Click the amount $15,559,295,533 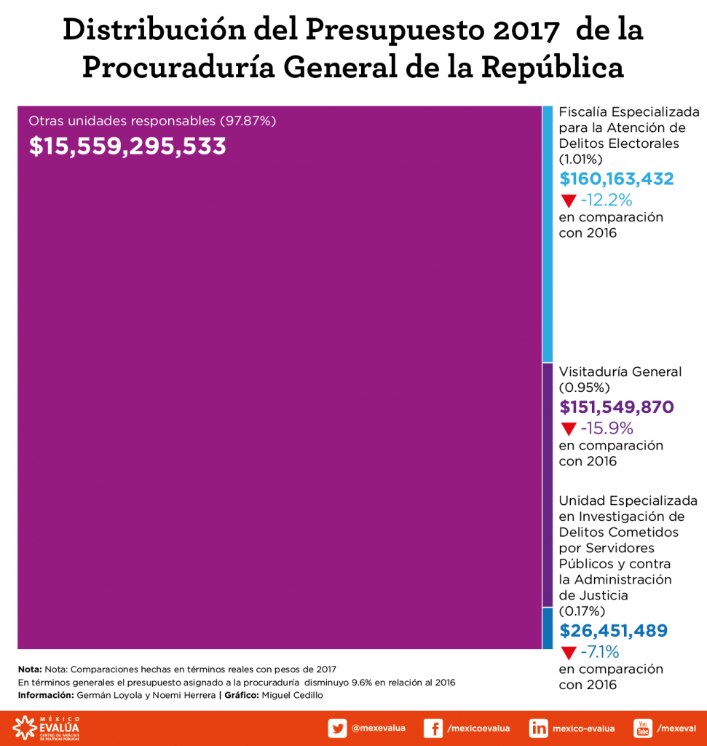[x=127, y=146]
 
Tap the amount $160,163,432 [x=616, y=179]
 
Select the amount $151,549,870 [x=616, y=407]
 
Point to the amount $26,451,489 [x=613, y=631]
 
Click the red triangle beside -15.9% [x=568, y=429]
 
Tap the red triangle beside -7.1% [x=568, y=652]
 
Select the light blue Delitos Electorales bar [x=548, y=233]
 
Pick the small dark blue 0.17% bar [x=548, y=628]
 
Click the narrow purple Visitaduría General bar [x=548, y=484]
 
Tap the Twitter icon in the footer [x=337, y=728]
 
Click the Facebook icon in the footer [x=433, y=728]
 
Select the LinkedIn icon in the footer [x=539, y=728]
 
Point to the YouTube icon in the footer [x=643, y=728]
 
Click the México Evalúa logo [x=46, y=728]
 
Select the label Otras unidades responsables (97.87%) [x=152, y=121]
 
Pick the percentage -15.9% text [x=607, y=428]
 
